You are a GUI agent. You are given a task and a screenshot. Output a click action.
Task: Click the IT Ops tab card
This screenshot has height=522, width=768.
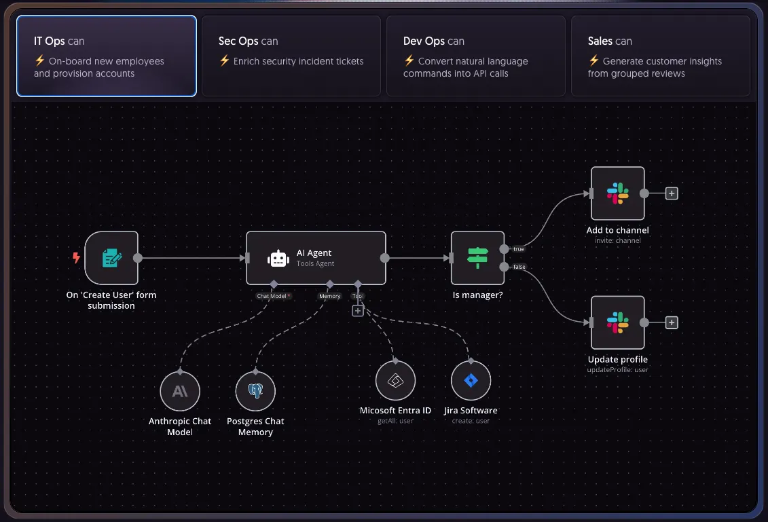[107, 56]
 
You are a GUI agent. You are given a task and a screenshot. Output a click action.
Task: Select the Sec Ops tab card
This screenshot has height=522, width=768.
[291, 56]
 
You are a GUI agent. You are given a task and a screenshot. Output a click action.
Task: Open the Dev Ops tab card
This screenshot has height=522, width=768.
[475, 56]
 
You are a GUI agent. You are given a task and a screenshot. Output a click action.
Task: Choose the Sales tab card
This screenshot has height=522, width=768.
[660, 56]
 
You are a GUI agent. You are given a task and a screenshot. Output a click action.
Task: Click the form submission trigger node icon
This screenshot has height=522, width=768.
[111, 258]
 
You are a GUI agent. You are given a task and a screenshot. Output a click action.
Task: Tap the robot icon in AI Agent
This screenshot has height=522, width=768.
[278, 259]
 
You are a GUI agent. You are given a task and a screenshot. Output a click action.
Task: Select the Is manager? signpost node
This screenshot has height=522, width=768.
[477, 258]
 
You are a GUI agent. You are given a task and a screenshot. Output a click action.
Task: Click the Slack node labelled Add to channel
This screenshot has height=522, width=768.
[618, 193]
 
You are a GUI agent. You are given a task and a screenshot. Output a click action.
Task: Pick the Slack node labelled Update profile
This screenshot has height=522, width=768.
[618, 322]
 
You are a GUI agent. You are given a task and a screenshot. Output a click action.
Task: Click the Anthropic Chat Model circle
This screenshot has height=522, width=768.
[180, 391]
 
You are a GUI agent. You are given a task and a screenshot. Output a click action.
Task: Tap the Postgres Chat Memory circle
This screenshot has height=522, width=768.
[255, 391]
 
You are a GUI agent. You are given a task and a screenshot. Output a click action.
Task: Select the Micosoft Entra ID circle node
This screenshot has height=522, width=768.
[395, 381]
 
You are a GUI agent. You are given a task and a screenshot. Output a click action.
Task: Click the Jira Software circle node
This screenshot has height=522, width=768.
[471, 381]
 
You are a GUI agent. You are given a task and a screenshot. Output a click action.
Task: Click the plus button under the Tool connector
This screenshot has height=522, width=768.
[358, 311]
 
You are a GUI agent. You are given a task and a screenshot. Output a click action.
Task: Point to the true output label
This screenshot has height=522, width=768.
[519, 249]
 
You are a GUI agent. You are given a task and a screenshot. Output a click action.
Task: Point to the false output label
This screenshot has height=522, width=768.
[519, 267]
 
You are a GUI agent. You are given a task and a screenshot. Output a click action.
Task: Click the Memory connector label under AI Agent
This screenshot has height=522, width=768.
[329, 296]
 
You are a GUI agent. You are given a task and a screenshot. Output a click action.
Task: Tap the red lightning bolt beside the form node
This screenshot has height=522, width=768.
[77, 257]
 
